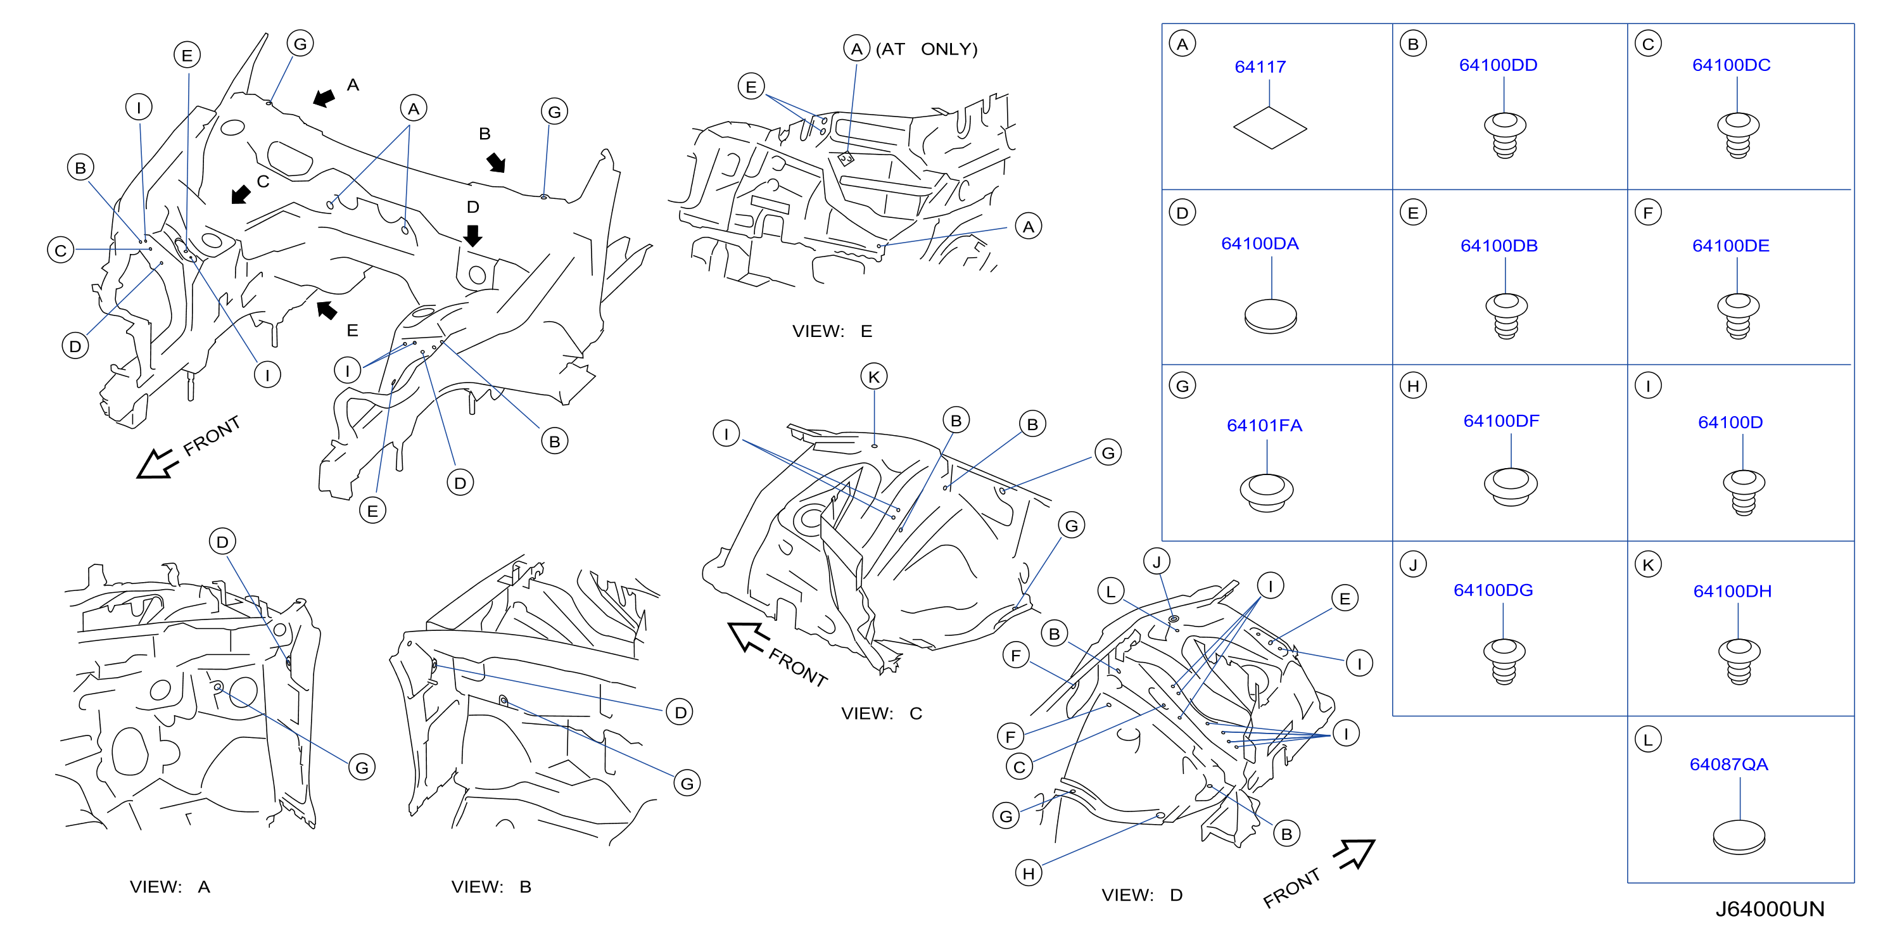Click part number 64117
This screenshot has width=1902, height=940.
[1260, 67]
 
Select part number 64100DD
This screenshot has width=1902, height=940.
[1497, 65]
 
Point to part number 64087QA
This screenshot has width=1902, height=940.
[1728, 765]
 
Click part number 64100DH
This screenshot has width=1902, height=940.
[1732, 591]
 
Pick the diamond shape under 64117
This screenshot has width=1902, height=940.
[1270, 128]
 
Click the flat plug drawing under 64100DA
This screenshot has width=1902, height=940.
[1270, 316]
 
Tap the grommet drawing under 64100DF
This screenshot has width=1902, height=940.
[1511, 486]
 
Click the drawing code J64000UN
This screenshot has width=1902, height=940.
[1769, 908]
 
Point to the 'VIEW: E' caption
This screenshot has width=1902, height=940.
[832, 331]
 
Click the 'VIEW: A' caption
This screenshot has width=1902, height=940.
[170, 886]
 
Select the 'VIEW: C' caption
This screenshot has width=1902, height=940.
[882, 713]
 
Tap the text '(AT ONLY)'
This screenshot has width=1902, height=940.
[927, 49]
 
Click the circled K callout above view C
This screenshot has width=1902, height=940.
[874, 377]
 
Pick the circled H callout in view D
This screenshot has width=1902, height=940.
[1029, 873]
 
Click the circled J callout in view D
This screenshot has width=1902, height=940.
[1157, 562]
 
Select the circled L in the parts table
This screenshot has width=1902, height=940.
[1648, 739]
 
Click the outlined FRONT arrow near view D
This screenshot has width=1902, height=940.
[1355, 854]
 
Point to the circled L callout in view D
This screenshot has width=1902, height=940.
[1110, 591]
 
